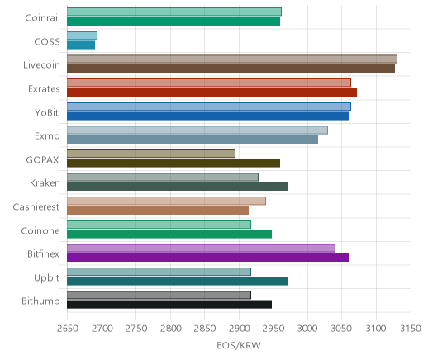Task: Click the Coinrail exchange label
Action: (42, 18)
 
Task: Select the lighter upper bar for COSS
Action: (82, 36)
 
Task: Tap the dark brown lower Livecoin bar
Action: (231, 69)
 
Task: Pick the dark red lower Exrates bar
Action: (211, 92)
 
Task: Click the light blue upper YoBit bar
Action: (209, 107)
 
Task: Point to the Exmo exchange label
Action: (47, 136)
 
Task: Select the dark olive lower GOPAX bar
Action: (173, 163)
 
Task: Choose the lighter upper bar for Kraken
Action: (163, 177)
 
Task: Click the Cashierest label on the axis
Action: (36, 206)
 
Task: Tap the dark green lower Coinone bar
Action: (169, 234)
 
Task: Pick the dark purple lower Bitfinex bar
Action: (208, 258)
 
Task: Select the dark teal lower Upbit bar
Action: (177, 281)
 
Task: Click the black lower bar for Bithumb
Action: (169, 305)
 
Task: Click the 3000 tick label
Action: (307, 329)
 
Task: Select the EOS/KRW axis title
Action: (239, 345)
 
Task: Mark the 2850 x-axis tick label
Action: (205, 329)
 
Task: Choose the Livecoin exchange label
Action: (41, 65)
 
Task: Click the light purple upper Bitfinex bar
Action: (201, 248)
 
